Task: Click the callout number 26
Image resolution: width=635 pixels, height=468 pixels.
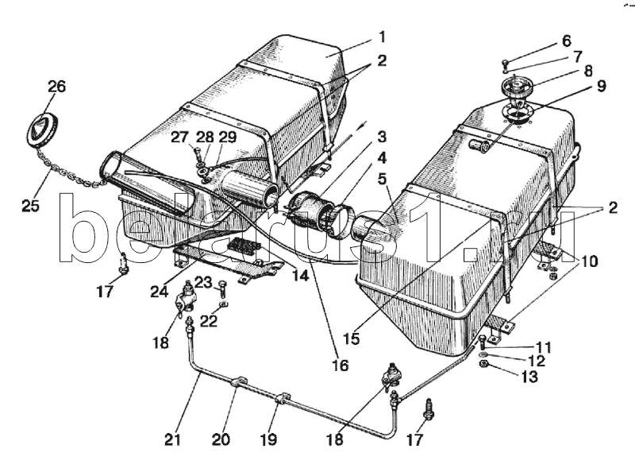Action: pos(56,87)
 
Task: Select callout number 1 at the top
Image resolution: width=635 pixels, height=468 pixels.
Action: pos(382,37)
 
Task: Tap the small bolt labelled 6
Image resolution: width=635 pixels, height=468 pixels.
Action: pos(506,64)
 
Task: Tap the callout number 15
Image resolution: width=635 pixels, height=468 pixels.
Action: pos(352,338)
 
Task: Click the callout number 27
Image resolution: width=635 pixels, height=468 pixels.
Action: pos(179,136)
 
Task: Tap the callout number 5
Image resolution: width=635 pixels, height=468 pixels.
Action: pos(382,180)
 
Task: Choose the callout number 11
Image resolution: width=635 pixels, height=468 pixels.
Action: pos(543,347)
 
